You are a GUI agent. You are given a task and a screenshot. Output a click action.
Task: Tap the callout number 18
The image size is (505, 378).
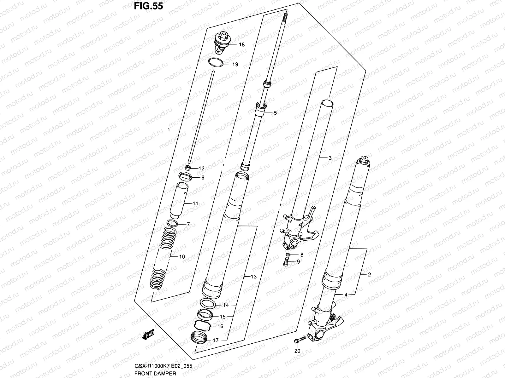tap(241, 45)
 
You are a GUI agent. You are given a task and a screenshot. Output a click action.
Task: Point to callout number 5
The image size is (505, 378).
tap(275, 113)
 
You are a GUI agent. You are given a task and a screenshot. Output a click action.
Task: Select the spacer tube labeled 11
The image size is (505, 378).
tap(179, 200)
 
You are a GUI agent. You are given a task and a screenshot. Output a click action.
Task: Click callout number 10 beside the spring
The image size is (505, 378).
tap(182, 257)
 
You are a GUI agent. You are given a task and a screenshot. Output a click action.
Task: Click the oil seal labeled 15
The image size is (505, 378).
tap(205, 314)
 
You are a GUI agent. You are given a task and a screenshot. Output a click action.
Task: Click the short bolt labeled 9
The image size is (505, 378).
tap(287, 261)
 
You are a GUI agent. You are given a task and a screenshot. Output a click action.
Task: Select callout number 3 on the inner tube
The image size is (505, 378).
tap(330, 158)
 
